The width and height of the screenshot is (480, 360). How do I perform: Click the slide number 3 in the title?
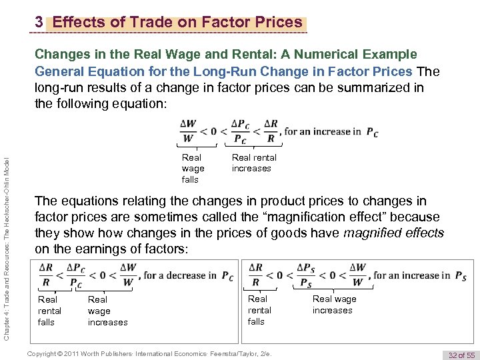39,23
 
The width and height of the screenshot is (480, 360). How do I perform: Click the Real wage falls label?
193,169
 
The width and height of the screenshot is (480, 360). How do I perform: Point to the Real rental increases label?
253,163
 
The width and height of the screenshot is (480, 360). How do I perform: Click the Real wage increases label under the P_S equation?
334,305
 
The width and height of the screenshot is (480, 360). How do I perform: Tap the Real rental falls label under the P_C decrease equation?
50,311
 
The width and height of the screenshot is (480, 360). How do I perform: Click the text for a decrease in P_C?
189,275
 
